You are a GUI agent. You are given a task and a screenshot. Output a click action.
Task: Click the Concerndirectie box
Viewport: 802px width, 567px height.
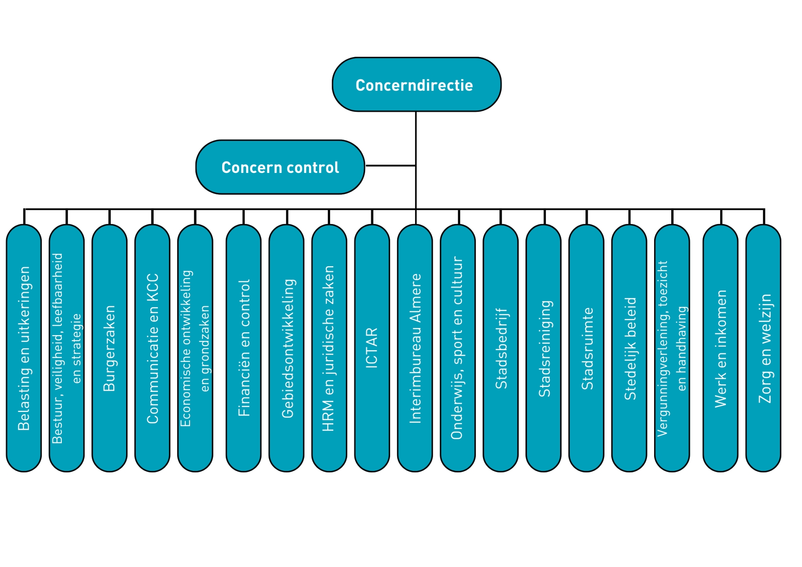coord(416,84)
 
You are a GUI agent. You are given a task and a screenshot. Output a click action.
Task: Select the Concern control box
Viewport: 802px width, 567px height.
coord(280,167)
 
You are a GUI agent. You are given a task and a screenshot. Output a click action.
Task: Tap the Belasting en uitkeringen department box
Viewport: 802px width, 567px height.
coord(24,348)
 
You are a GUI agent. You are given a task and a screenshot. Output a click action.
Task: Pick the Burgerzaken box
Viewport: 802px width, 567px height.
coord(109,348)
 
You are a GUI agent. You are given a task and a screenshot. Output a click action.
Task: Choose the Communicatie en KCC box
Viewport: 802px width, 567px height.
coord(152,348)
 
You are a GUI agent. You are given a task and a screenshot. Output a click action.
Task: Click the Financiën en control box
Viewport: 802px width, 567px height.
coord(244,348)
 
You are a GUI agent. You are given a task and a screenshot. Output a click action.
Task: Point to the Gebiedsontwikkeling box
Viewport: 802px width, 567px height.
coord(287,348)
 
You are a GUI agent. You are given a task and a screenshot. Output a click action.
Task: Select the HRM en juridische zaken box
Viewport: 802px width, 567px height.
coord(329,348)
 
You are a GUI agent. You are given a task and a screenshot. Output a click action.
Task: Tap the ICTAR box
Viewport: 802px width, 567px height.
coord(372,348)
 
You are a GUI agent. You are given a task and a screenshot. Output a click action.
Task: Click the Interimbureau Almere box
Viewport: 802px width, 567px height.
coord(415,348)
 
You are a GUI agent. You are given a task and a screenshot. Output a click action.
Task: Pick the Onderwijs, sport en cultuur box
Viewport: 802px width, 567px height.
coord(458,348)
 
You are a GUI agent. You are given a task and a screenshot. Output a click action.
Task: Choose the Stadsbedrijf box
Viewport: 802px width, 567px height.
coord(500,348)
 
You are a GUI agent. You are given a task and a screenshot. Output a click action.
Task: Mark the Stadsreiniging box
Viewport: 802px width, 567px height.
coord(543,348)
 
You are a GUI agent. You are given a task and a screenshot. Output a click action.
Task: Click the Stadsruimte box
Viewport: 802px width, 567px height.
coord(586,348)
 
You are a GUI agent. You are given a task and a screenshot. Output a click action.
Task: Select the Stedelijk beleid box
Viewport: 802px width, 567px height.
coord(629,348)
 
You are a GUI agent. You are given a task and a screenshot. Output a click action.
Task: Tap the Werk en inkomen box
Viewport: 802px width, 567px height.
coord(721,348)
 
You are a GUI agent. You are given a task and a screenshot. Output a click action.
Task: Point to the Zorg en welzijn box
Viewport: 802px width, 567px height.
coord(763,348)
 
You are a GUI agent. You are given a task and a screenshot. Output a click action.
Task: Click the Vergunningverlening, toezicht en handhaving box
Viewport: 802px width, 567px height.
coord(672,348)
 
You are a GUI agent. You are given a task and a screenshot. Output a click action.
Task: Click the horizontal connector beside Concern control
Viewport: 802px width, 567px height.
coord(390,166)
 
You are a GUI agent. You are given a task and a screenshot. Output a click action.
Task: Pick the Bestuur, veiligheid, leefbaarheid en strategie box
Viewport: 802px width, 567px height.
coord(67,348)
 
